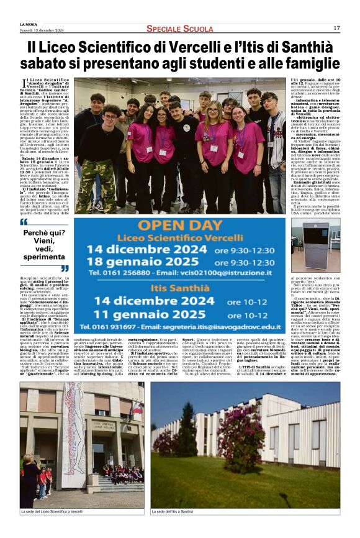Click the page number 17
click(x=336, y=28)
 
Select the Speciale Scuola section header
click(x=179, y=29)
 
